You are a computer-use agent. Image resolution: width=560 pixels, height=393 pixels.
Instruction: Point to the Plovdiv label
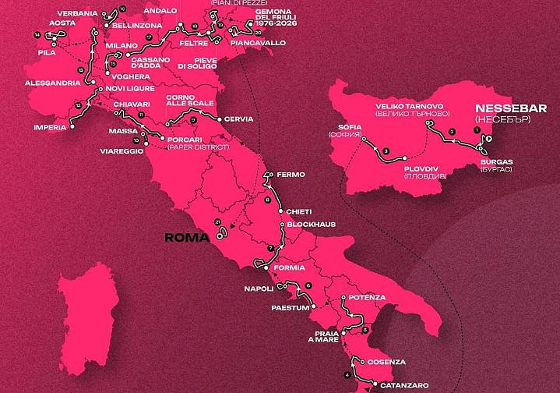[x=423, y=172]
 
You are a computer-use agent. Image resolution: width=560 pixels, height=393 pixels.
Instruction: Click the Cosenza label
[x=388, y=362]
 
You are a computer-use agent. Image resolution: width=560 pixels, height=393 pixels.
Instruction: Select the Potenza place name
[x=368, y=297]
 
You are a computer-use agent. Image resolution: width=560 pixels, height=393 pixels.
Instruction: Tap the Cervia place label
[x=238, y=119]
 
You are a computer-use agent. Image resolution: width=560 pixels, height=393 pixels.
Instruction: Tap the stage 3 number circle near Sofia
[x=386, y=150]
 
